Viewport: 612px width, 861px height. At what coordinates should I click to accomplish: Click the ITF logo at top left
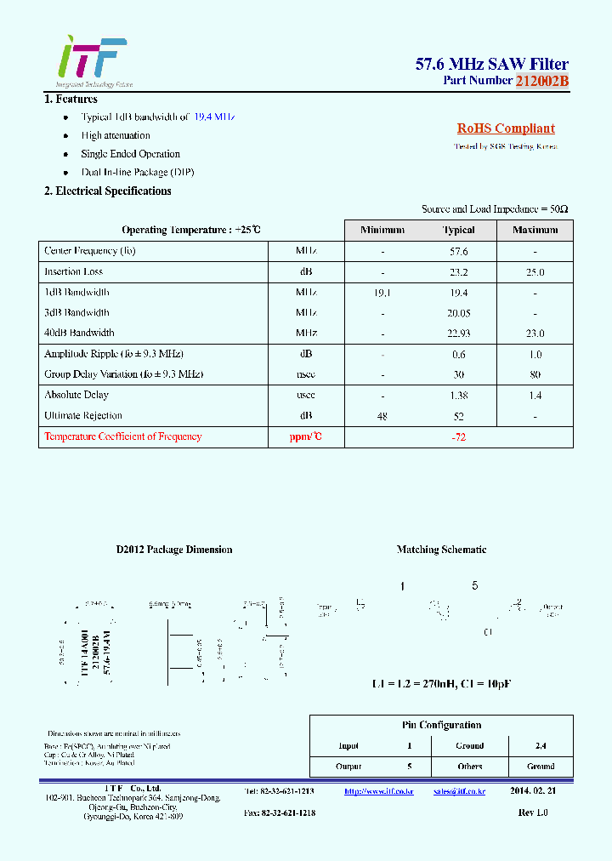(92, 58)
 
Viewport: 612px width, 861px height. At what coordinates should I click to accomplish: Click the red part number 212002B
(541, 81)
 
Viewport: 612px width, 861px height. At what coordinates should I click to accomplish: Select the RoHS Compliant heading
(506, 128)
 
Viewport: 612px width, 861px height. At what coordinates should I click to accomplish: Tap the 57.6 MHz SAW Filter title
(491, 64)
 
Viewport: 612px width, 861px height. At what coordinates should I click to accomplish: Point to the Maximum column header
(535, 231)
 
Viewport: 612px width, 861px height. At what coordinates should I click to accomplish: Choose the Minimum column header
(382, 231)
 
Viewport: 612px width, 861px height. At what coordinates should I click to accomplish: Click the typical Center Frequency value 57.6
(459, 252)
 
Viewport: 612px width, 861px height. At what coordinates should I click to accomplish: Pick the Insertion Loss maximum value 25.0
(535, 272)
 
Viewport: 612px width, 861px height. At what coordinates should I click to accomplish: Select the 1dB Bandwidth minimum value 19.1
(382, 293)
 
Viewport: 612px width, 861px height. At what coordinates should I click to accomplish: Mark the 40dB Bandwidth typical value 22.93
(459, 334)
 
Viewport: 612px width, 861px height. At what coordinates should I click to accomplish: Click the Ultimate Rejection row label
(83, 416)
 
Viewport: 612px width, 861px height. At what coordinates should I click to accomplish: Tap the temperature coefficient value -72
(459, 437)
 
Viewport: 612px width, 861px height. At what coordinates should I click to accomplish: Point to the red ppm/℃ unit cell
(306, 437)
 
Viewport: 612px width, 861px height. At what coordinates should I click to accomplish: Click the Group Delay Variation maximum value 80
(535, 374)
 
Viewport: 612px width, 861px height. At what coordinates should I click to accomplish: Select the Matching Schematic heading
(441, 550)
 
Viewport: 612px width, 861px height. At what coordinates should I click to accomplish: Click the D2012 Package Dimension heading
(174, 550)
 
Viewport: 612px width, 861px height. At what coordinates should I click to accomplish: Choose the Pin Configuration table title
(441, 725)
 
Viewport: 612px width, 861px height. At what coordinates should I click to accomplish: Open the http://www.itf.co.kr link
(378, 790)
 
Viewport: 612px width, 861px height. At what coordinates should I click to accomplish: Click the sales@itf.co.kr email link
(459, 790)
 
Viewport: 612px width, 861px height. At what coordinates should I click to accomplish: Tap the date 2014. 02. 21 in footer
(533, 790)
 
